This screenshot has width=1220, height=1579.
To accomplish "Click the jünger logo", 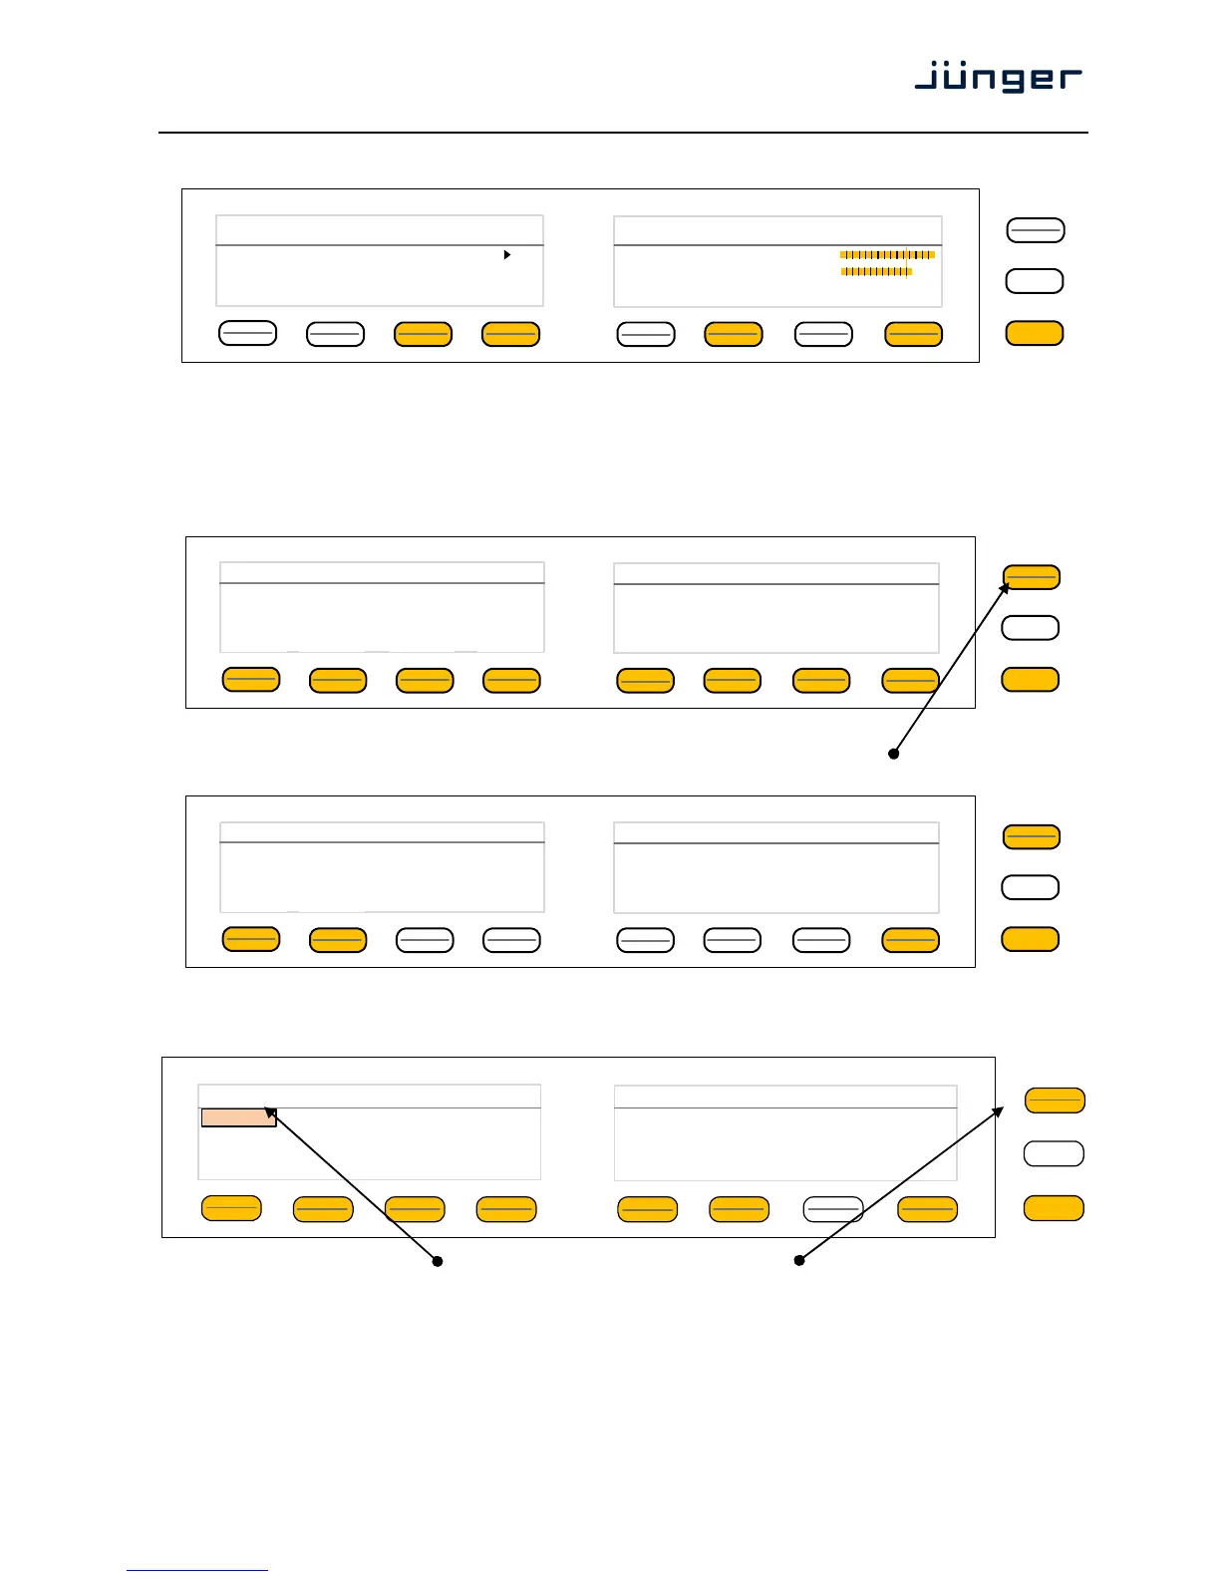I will click(x=998, y=77).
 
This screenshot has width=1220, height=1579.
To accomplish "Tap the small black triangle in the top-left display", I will click(x=507, y=255).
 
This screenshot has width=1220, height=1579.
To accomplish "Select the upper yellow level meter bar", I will click(x=887, y=255).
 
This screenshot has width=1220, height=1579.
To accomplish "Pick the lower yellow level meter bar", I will click(x=876, y=271).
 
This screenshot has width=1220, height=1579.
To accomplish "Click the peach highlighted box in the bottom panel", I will click(x=238, y=1117).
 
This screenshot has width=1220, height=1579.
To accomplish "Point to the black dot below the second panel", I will click(x=894, y=754).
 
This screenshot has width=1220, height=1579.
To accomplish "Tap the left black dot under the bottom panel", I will click(x=437, y=1261).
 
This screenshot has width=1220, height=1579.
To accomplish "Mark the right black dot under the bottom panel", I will click(x=798, y=1261).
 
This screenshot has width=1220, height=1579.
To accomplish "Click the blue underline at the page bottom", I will click(x=197, y=1570).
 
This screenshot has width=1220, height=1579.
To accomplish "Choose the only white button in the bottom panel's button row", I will click(x=833, y=1209).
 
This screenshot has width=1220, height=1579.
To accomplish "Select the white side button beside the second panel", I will click(x=1030, y=628).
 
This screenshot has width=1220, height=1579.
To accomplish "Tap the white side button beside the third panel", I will click(x=1030, y=887).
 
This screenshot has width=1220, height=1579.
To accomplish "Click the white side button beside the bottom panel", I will click(x=1054, y=1153).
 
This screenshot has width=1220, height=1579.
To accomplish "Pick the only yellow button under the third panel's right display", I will click(x=910, y=940).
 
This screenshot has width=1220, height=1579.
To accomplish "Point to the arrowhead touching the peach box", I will click(x=269, y=1112).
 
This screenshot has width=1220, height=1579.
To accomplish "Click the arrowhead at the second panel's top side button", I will click(x=1006, y=589).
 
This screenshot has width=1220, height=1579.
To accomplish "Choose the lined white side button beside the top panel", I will click(x=1036, y=230).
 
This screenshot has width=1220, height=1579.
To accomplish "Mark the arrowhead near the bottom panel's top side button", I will click(x=999, y=1111).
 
